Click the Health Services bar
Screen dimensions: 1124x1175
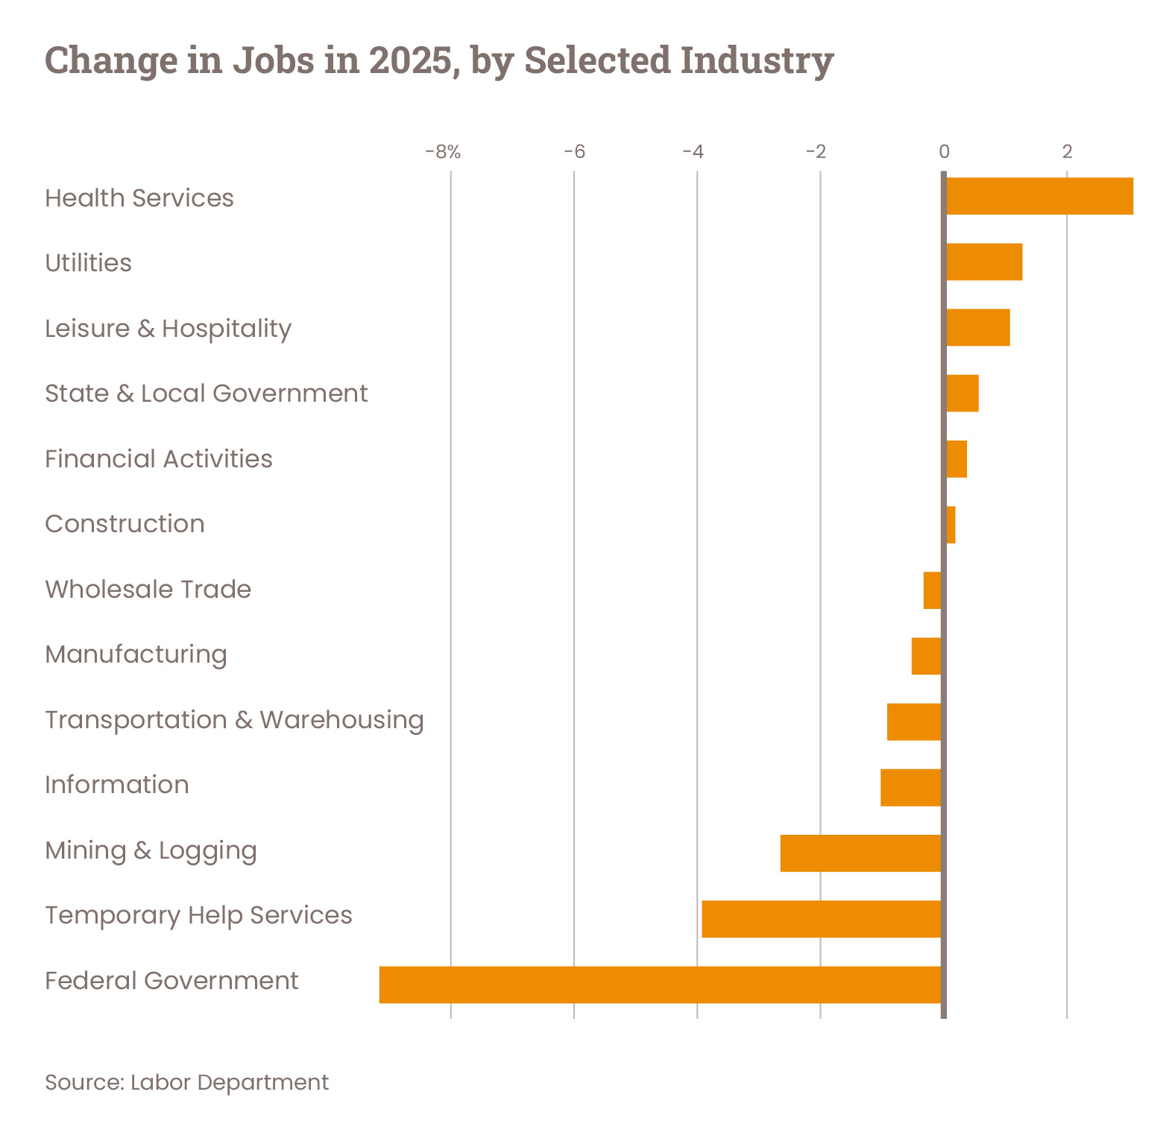coord(1039,197)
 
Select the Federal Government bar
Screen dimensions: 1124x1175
coord(661,985)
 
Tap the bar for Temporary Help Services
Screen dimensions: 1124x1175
coord(822,919)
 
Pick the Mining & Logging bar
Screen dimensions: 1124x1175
coord(861,853)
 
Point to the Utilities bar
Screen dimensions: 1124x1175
coord(984,262)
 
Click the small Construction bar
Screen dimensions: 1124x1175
coord(951,525)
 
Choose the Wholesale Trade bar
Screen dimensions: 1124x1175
coord(932,590)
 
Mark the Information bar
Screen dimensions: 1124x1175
coord(911,788)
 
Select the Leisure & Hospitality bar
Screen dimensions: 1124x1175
coord(978,328)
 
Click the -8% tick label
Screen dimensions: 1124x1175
coord(443,153)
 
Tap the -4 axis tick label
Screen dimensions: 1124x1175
coord(693,153)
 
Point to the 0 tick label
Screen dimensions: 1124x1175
coord(944,153)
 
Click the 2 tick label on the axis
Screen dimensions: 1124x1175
coord(1067,153)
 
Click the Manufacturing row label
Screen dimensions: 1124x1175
coord(136,654)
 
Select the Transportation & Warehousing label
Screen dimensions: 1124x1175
coord(234,720)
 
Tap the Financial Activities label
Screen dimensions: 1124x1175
coord(159,459)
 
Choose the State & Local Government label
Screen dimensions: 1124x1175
coord(207,394)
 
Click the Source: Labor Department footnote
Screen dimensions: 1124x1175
coord(186,1082)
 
